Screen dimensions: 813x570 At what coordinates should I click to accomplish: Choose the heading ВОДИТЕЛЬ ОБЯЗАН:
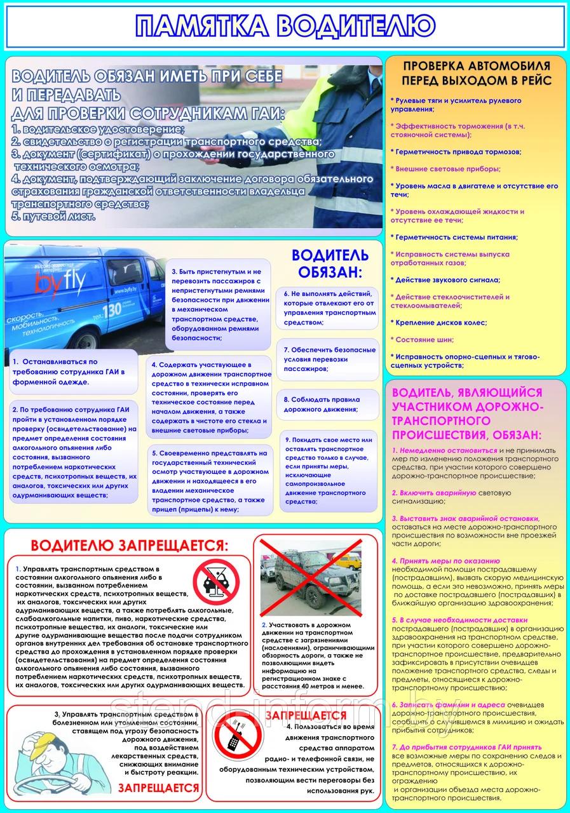coord(329,264)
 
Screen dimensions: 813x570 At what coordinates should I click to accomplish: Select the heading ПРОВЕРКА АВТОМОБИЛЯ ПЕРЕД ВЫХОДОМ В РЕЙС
coord(475,72)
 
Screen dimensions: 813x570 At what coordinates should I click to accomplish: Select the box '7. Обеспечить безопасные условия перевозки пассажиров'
coord(327,359)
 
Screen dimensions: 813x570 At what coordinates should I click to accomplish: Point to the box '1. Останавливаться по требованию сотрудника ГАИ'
coord(74,372)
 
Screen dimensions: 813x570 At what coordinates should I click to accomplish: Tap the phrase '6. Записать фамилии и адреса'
coord(449,704)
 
